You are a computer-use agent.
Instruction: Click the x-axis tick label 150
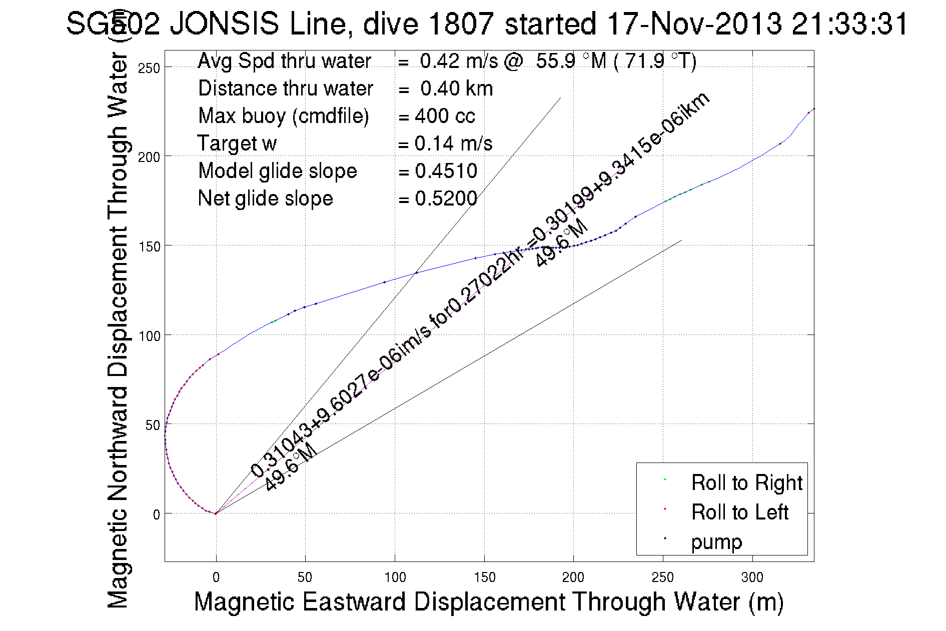(484, 577)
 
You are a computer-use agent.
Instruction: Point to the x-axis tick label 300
(752, 577)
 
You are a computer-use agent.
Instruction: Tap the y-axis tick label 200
(149, 157)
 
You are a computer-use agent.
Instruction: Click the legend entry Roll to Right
(746, 483)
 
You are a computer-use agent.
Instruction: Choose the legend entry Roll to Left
(739, 512)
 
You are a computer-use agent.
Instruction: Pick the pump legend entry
(716, 542)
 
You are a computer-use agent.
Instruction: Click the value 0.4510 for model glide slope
(446, 171)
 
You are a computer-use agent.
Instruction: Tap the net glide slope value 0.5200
(446, 198)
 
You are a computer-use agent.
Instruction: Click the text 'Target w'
(237, 143)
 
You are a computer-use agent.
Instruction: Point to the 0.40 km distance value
(456, 88)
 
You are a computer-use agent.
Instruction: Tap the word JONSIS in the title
(224, 24)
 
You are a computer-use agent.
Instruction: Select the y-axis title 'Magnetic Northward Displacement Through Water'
(119, 330)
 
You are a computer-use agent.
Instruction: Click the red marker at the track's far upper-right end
(813, 108)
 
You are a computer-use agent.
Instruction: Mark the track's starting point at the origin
(216, 513)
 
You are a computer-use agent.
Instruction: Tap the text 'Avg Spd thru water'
(284, 61)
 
